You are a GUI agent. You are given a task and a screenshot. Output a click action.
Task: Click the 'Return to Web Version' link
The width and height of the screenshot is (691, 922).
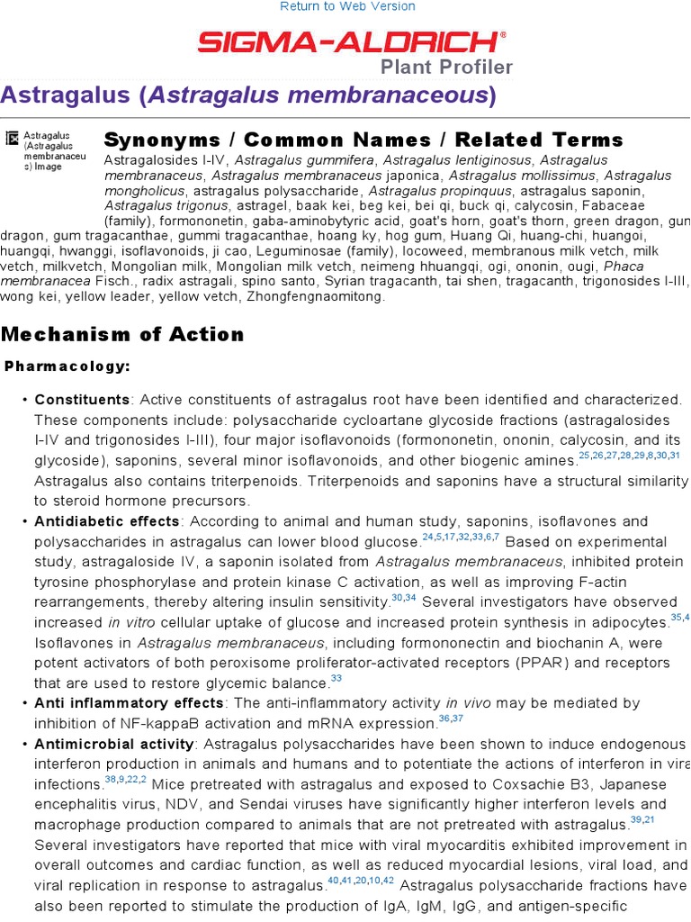(x=347, y=6)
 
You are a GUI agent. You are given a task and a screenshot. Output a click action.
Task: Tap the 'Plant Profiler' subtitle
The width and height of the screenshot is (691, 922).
(x=446, y=67)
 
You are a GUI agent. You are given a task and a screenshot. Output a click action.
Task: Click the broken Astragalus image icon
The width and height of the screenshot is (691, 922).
(x=12, y=138)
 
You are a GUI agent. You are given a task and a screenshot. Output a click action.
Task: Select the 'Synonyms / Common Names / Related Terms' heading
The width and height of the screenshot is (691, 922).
(x=363, y=140)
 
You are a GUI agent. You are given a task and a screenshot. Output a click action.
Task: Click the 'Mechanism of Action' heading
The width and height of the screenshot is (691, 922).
(x=122, y=335)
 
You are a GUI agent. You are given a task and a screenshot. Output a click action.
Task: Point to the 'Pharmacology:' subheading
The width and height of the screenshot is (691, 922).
(x=67, y=366)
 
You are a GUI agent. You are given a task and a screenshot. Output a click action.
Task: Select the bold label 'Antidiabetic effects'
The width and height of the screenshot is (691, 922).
(x=107, y=521)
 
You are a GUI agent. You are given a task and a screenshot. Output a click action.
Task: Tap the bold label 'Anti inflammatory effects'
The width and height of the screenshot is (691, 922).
(x=129, y=703)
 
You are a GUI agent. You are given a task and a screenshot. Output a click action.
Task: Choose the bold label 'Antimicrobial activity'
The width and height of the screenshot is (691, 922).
(x=114, y=744)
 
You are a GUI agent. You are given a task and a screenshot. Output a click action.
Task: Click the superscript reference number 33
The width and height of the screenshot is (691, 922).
(x=337, y=679)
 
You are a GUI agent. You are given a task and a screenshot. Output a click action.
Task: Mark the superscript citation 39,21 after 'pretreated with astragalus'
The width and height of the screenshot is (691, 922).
(x=642, y=820)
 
